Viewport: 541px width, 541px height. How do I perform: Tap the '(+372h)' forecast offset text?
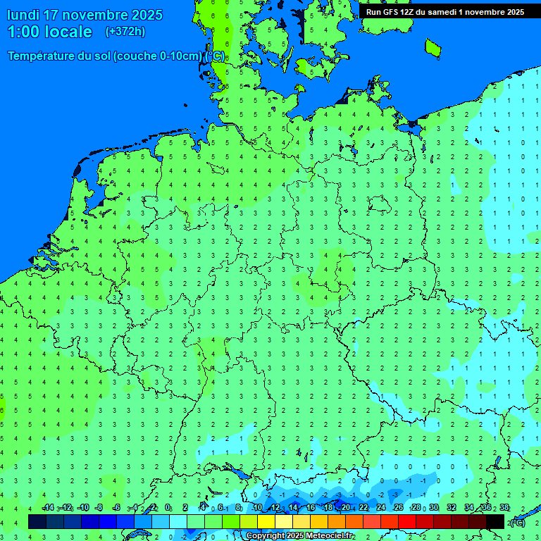(125, 32)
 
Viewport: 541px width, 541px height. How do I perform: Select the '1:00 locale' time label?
(49, 32)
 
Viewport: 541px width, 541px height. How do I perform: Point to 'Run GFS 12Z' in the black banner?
(391, 12)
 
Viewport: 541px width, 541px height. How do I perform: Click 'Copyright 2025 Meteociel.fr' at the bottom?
(300, 536)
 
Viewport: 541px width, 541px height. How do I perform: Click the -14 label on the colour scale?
(48, 508)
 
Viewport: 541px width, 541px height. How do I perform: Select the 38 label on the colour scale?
(504, 508)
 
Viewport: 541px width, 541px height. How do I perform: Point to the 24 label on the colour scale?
(381, 508)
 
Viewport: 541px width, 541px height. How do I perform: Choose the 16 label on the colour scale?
(311, 508)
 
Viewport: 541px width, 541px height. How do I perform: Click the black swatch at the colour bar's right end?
(495, 521)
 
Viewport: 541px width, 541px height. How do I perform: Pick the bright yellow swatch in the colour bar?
(266, 521)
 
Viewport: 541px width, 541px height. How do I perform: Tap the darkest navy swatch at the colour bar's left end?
(37, 521)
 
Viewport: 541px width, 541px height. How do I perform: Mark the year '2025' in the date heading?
(147, 15)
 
